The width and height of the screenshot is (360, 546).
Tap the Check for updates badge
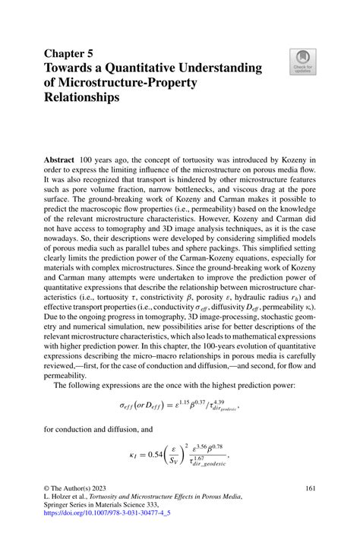(x=302, y=62)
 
